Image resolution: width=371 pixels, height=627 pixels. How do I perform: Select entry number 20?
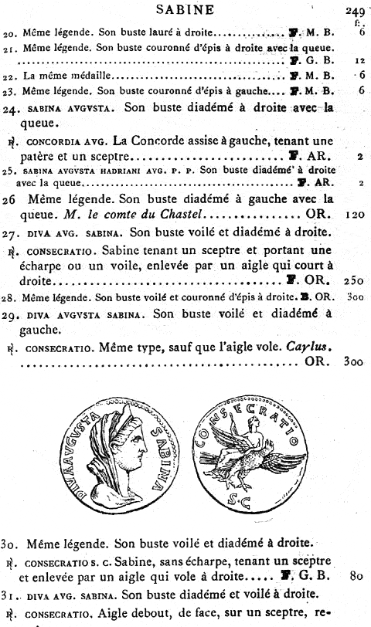pos(10,33)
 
